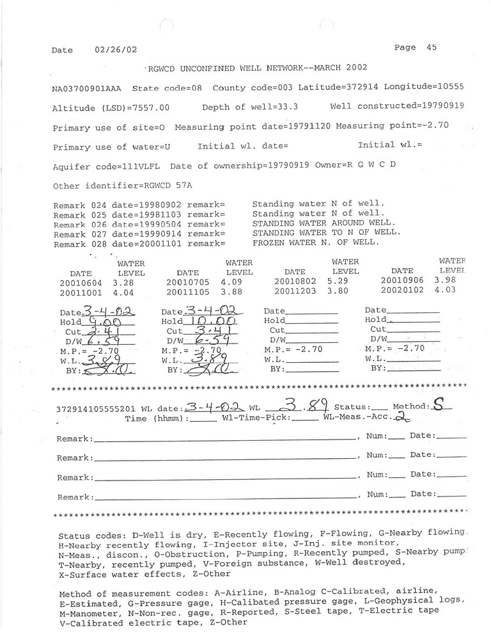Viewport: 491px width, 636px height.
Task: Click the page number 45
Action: point(431,47)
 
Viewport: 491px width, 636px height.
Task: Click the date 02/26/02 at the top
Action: point(116,50)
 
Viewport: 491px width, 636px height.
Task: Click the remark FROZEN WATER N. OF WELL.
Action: point(316,243)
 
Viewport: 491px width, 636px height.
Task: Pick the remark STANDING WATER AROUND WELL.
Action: point(316,223)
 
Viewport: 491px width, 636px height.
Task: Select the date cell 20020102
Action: point(401,290)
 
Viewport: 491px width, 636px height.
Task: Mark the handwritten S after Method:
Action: point(438,404)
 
